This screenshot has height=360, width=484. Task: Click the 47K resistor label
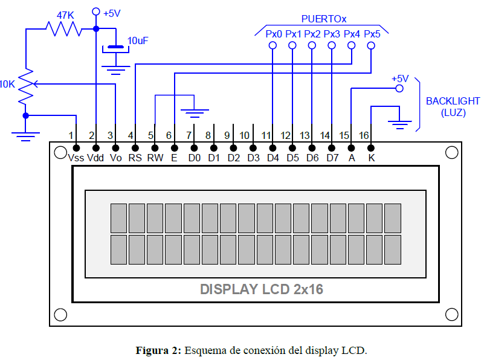coord(66,13)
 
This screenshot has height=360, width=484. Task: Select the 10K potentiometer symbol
coord(25,85)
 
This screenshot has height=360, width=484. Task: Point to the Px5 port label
coord(372,34)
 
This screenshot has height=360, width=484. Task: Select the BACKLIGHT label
coord(453,101)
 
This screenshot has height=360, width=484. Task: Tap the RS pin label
coord(135,158)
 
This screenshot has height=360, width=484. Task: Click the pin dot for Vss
coord(76,147)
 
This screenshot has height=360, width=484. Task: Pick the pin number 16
coord(364,135)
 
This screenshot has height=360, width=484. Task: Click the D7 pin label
coord(332,158)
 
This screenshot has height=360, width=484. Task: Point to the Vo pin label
coord(115,158)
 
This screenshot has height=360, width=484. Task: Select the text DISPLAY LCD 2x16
coord(261,289)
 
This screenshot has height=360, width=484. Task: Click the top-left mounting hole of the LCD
coord(60,152)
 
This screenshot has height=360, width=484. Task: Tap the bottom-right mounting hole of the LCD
coord(451,314)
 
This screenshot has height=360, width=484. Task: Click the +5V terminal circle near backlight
coord(399,89)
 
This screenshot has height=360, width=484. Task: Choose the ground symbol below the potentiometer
coord(25,134)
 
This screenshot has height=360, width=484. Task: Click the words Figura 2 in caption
coord(158,350)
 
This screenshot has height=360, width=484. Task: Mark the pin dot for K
coord(371,147)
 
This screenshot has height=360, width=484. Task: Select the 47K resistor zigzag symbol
coord(63,28)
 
